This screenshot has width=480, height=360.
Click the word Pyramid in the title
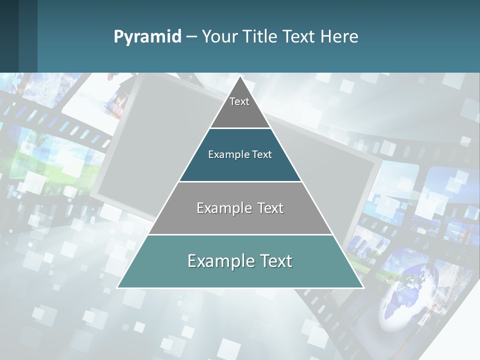(x=147, y=37)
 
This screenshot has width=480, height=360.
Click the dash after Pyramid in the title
(x=191, y=37)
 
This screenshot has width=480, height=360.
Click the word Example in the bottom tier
(x=219, y=261)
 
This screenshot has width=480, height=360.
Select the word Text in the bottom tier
(x=274, y=261)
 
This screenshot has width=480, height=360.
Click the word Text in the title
(x=298, y=37)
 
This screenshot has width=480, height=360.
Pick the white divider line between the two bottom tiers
(x=240, y=234)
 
